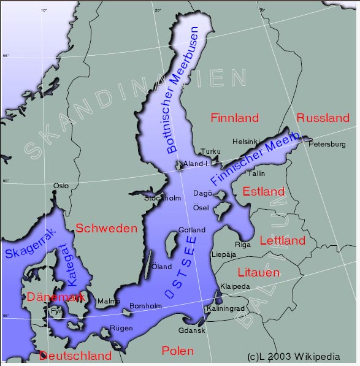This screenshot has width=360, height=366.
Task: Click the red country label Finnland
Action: tap(234, 118)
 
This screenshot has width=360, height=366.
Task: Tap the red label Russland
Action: tap(323, 118)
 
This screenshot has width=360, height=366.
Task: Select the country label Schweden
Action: tap(106, 228)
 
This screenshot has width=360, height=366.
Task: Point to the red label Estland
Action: tap(263, 191)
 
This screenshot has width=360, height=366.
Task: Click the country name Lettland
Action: tap(282, 240)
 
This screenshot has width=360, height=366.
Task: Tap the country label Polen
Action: tap(177, 351)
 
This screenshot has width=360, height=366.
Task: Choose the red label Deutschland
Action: tap(75, 356)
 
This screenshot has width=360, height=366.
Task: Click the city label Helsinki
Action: tap(247, 142)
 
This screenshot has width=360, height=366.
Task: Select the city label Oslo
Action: tap(61, 185)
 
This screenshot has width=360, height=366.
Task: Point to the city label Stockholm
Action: tap(163, 198)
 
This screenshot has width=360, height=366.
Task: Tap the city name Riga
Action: tap(243, 245)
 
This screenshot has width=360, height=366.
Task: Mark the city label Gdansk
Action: tap(191, 330)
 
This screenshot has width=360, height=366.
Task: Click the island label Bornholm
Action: tap(146, 306)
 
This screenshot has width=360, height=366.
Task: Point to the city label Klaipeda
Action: tap(234, 286)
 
